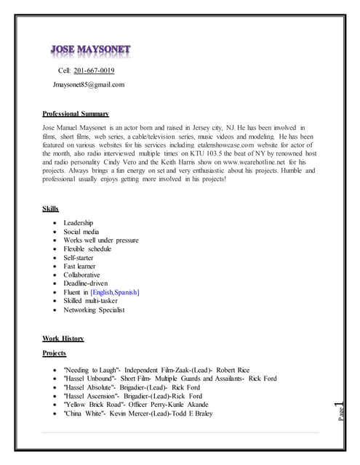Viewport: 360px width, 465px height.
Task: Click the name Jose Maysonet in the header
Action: click(91, 50)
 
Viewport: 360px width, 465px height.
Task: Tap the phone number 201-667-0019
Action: click(94, 70)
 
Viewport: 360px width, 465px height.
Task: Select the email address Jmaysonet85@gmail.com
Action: click(89, 84)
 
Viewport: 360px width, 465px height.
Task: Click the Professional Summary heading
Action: click(76, 114)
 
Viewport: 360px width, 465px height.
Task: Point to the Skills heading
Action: click(51, 209)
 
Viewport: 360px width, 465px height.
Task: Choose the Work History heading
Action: click(63, 338)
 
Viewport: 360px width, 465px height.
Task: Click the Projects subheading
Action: click(55, 353)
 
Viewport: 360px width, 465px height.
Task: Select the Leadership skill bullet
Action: click(79, 222)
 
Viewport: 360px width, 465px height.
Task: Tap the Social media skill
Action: click(81, 231)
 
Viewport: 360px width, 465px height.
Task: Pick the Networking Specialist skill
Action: click(94, 310)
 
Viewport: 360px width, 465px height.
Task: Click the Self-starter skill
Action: click(79, 257)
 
